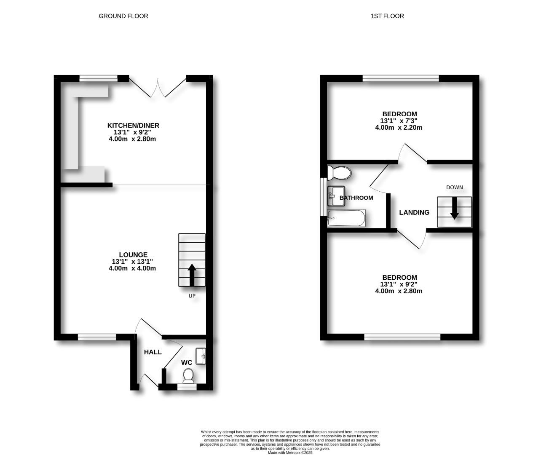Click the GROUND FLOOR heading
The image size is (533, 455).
123,16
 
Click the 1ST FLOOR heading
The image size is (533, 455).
387,16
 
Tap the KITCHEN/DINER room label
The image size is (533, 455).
133,126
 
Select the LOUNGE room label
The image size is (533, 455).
133,255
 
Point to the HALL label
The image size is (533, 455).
153,352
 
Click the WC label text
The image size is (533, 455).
187,363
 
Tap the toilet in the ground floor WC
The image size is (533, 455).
188,375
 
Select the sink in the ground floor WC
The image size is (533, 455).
201,356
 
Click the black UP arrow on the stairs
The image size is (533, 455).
192,275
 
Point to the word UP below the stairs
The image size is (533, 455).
192,296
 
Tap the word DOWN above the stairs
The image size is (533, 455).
454,187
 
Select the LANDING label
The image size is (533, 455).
414,213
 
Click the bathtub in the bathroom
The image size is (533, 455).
346,218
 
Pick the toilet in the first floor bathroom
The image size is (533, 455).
340,173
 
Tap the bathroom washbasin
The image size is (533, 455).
336,196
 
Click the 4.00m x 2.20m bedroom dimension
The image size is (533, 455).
399,127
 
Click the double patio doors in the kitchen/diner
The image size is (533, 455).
158,87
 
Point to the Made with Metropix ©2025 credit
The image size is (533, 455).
290,453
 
